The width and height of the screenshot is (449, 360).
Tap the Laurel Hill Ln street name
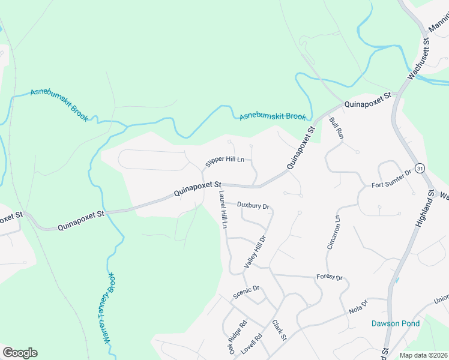pos(223,209)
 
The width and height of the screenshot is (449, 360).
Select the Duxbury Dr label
pos(253,205)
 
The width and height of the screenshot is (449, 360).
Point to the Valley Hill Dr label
pos(255,251)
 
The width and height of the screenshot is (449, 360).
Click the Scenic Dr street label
pos(246,292)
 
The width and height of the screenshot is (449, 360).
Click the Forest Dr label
pos(329,278)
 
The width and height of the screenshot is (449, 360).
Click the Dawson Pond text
pos(395,323)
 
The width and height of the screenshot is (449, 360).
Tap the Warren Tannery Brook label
pos(109,307)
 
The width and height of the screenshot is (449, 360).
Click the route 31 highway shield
pos(420,169)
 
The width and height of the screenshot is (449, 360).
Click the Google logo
pos(19,353)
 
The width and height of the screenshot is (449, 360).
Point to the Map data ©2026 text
pos(423,355)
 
